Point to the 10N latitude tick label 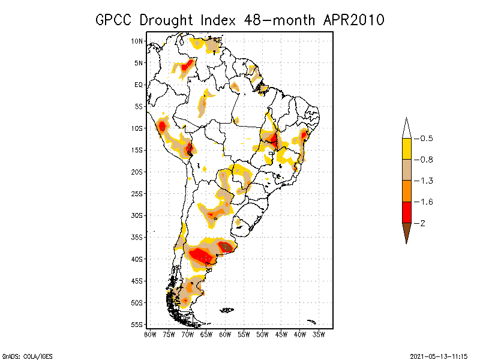(x=137, y=41)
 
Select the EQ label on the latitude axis (x=138, y=85)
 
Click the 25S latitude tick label (x=137, y=194)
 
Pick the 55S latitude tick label (x=137, y=325)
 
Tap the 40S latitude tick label (x=137, y=259)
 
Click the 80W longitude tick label (x=150, y=334)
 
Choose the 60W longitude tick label (x=226, y=334)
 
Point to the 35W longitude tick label (x=319, y=334)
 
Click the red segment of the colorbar (x=406, y=212)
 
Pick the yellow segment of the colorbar (x=406, y=149)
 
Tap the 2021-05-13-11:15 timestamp (x=439, y=355)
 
